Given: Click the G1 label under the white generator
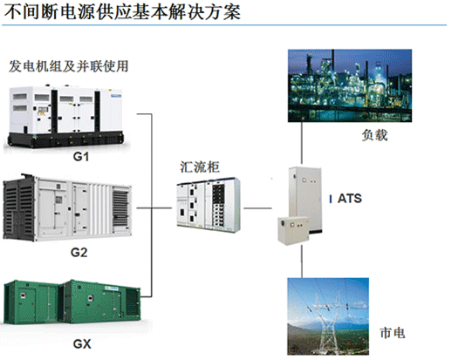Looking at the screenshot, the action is click(80, 157).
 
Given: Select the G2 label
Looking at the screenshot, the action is click(79, 252).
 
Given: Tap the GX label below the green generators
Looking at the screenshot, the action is click(82, 344).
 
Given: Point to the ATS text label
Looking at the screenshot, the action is click(350, 199).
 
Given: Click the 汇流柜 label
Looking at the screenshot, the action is click(200, 167).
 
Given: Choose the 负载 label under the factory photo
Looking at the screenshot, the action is click(374, 135).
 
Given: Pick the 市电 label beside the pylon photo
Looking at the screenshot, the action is click(393, 333).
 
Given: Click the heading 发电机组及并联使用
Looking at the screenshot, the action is click(69, 66).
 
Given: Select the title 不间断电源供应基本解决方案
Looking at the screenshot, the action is click(122, 12).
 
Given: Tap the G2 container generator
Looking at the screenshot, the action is click(67, 207).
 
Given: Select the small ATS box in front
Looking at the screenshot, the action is click(293, 231).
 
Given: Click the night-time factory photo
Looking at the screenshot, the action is click(350, 85).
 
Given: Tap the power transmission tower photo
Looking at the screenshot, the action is click(328, 316).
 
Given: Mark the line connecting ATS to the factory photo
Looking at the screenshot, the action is click(302, 143).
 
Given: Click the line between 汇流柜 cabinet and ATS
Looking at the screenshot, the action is click(257, 208).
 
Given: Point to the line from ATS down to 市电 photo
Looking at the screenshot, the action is click(302, 262).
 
